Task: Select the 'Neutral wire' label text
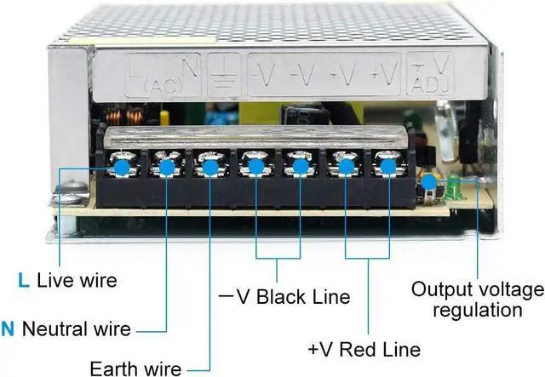click(77, 328)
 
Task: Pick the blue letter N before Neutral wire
click(9, 328)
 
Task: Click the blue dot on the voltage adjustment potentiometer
click(428, 181)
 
